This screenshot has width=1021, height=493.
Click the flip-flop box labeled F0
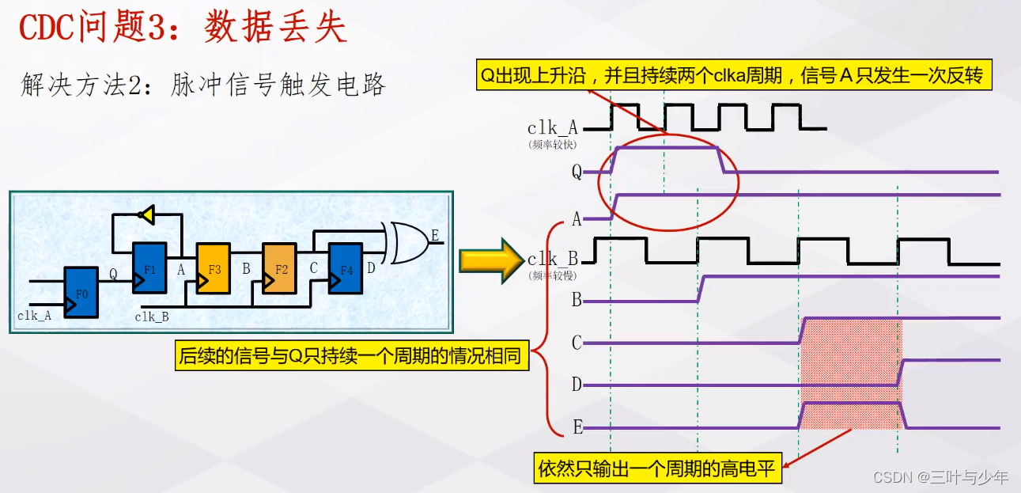click(x=81, y=292)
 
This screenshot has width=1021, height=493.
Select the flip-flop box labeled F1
click(x=150, y=267)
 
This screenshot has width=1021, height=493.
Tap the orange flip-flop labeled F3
click(x=214, y=268)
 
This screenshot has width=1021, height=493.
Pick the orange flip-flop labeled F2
click(x=280, y=268)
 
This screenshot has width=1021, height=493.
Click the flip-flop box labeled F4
click(x=346, y=268)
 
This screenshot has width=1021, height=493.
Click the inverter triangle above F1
click(x=145, y=214)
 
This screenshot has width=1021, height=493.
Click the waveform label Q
click(x=577, y=172)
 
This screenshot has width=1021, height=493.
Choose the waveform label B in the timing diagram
click(x=577, y=301)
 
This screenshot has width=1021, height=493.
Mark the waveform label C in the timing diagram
click(x=577, y=343)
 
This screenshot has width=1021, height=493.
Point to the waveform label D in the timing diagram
click(x=577, y=385)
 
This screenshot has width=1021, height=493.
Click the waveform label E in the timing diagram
click(x=577, y=428)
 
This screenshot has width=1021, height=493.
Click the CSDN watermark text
click(x=940, y=476)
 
